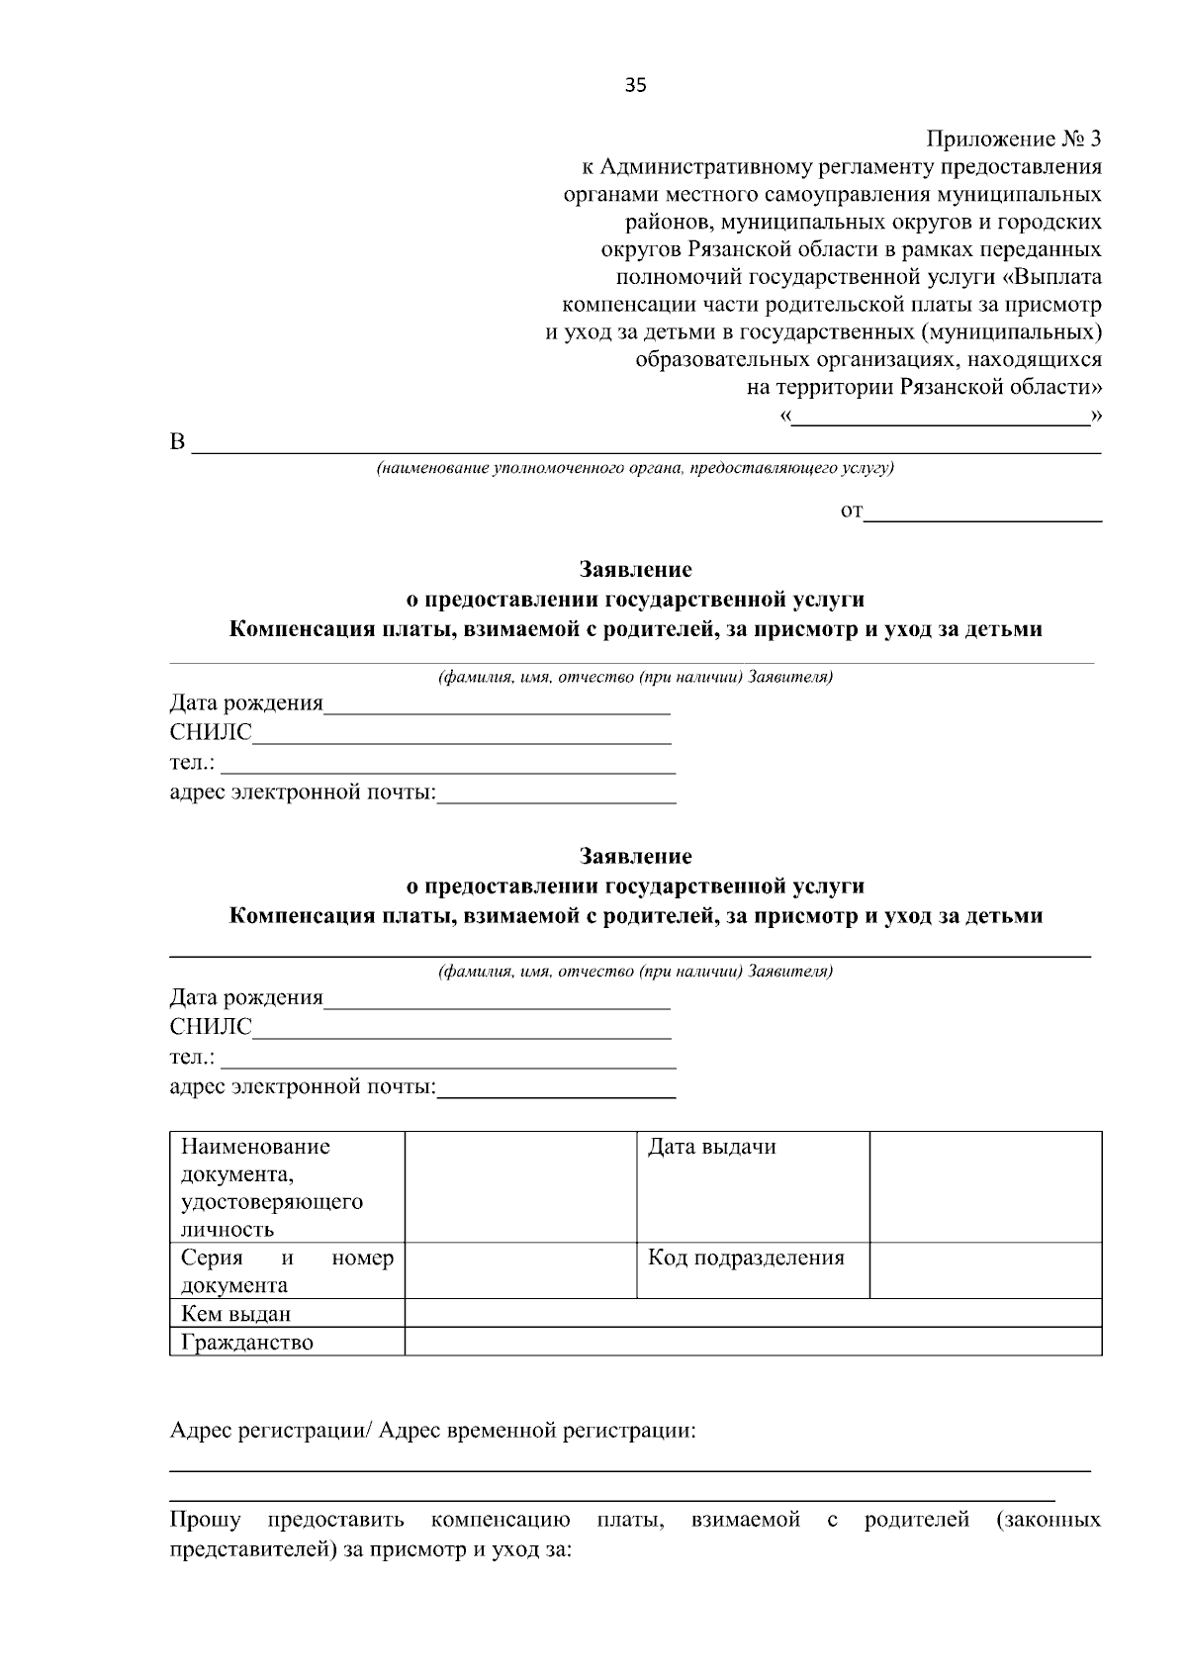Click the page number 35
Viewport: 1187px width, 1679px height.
pos(635,86)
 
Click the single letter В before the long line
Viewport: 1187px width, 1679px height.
pos(178,442)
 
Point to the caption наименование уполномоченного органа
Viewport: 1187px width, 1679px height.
pos(634,467)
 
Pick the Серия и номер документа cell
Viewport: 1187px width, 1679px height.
pos(287,1270)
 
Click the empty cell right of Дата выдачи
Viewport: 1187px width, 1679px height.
pos(985,1186)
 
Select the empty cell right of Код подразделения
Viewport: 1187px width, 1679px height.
pos(985,1269)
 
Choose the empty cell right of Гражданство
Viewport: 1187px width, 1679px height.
pos(752,1342)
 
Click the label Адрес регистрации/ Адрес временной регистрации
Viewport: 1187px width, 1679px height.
pos(432,1431)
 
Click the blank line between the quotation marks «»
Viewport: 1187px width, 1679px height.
pos(940,419)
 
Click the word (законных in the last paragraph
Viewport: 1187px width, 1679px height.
pos(1049,1520)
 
